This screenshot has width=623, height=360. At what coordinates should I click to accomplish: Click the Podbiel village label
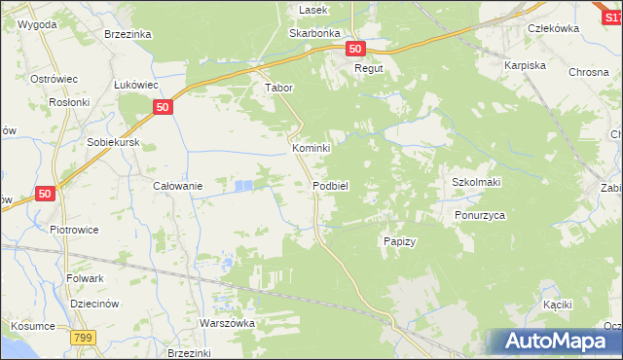point(330,185)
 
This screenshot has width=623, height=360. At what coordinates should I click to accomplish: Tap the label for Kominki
point(312,148)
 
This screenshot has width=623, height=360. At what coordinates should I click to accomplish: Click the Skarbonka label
point(312,32)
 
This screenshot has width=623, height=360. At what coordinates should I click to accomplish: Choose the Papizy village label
point(399,241)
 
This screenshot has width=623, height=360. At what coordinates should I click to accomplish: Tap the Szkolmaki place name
point(476,183)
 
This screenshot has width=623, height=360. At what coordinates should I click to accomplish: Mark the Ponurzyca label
point(480,215)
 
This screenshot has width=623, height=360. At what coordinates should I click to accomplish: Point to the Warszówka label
point(227,323)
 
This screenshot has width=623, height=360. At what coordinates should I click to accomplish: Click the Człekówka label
point(553,28)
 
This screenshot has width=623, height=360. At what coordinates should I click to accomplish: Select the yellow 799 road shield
point(83,337)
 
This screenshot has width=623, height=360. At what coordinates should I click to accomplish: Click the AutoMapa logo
point(552,342)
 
